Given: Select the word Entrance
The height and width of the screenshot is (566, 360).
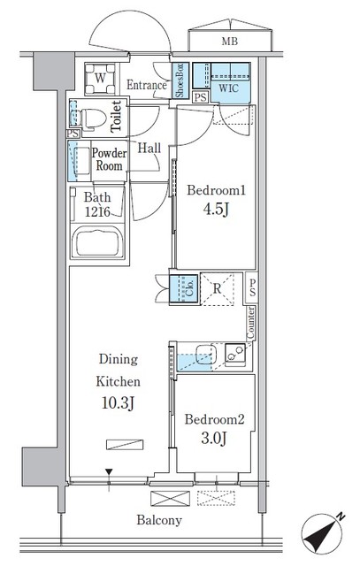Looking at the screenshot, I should click(x=147, y=85).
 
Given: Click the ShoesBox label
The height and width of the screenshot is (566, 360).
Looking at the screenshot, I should click(x=180, y=80).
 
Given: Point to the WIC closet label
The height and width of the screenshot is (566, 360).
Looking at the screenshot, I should click(x=229, y=88).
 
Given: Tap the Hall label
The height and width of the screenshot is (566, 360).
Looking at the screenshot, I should click(x=149, y=149).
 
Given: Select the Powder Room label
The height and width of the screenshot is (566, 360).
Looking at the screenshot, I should click(x=110, y=159).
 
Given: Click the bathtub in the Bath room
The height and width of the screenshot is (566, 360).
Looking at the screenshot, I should click(x=98, y=242).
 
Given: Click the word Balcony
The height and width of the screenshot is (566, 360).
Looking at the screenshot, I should click(x=159, y=520).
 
